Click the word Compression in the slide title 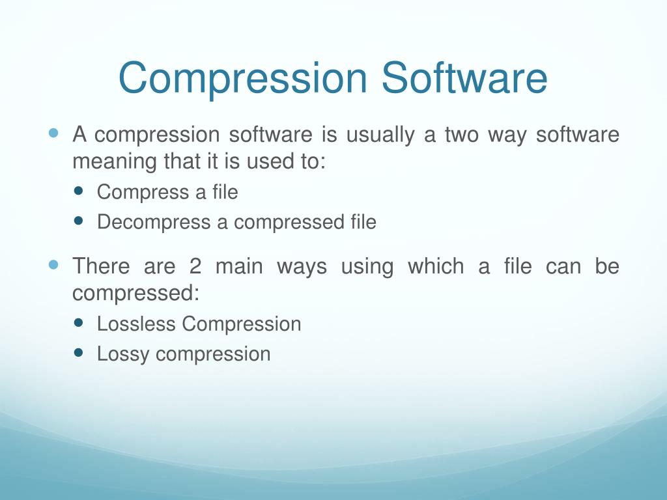point(243,78)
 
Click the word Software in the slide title point(464,78)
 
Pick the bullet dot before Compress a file point(79,191)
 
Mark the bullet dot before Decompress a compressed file point(79,221)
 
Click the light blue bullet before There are point(54,265)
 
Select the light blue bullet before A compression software point(54,134)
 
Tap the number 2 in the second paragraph point(195,267)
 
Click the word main point(239,267)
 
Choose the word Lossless point(137,324)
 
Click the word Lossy point(124,355)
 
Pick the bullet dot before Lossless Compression point(79,323)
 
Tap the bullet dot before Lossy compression point(79,353)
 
